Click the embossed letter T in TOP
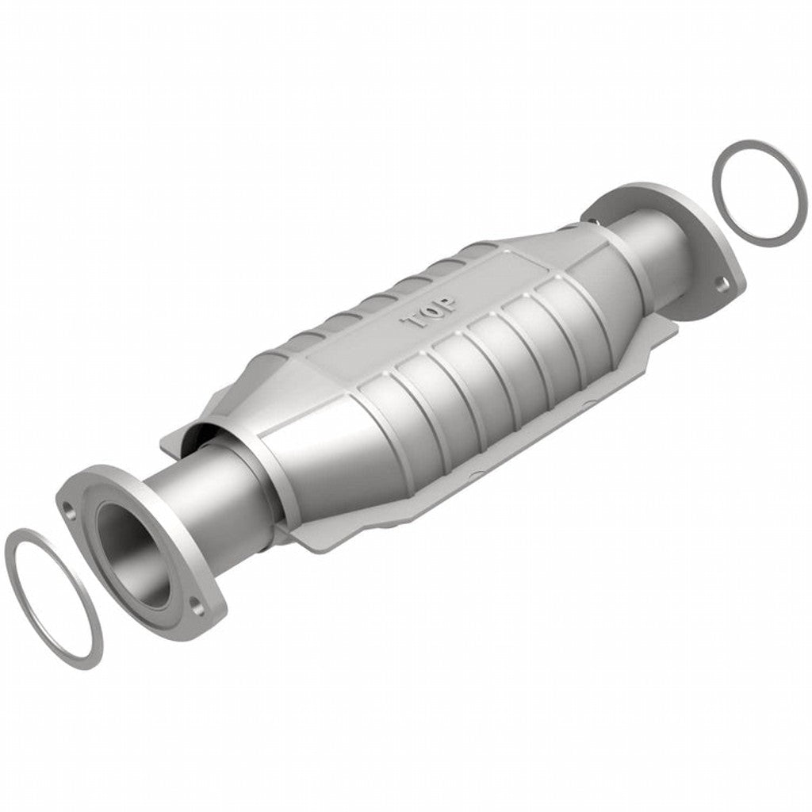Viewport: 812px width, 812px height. click(x=414, y=323)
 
